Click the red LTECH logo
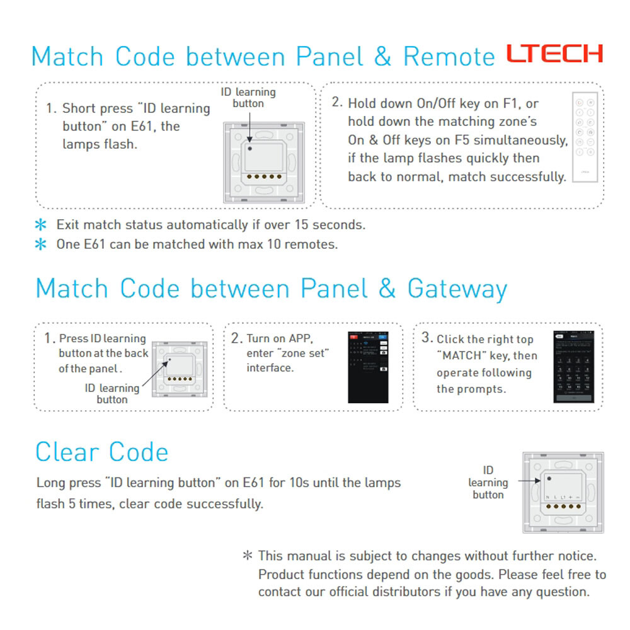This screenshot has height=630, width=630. (x=555, y=54)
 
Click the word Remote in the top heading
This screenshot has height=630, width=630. (x=449, y=57)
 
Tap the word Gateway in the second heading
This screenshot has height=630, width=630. (x=457, y=289)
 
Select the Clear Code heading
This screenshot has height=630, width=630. (x=102, y=452)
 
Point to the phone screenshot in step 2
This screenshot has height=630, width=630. (x=368, y=367)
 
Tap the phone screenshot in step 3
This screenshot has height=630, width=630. (x=573, y=367)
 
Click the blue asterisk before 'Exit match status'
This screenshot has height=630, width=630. (x=42, y=225)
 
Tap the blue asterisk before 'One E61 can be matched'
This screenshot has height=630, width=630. (x=42, y=244)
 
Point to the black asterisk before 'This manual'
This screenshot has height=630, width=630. (x=248, y=556)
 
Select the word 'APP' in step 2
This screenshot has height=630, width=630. (x=299, y=339)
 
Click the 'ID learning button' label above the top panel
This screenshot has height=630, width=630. (x=248, y=98)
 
